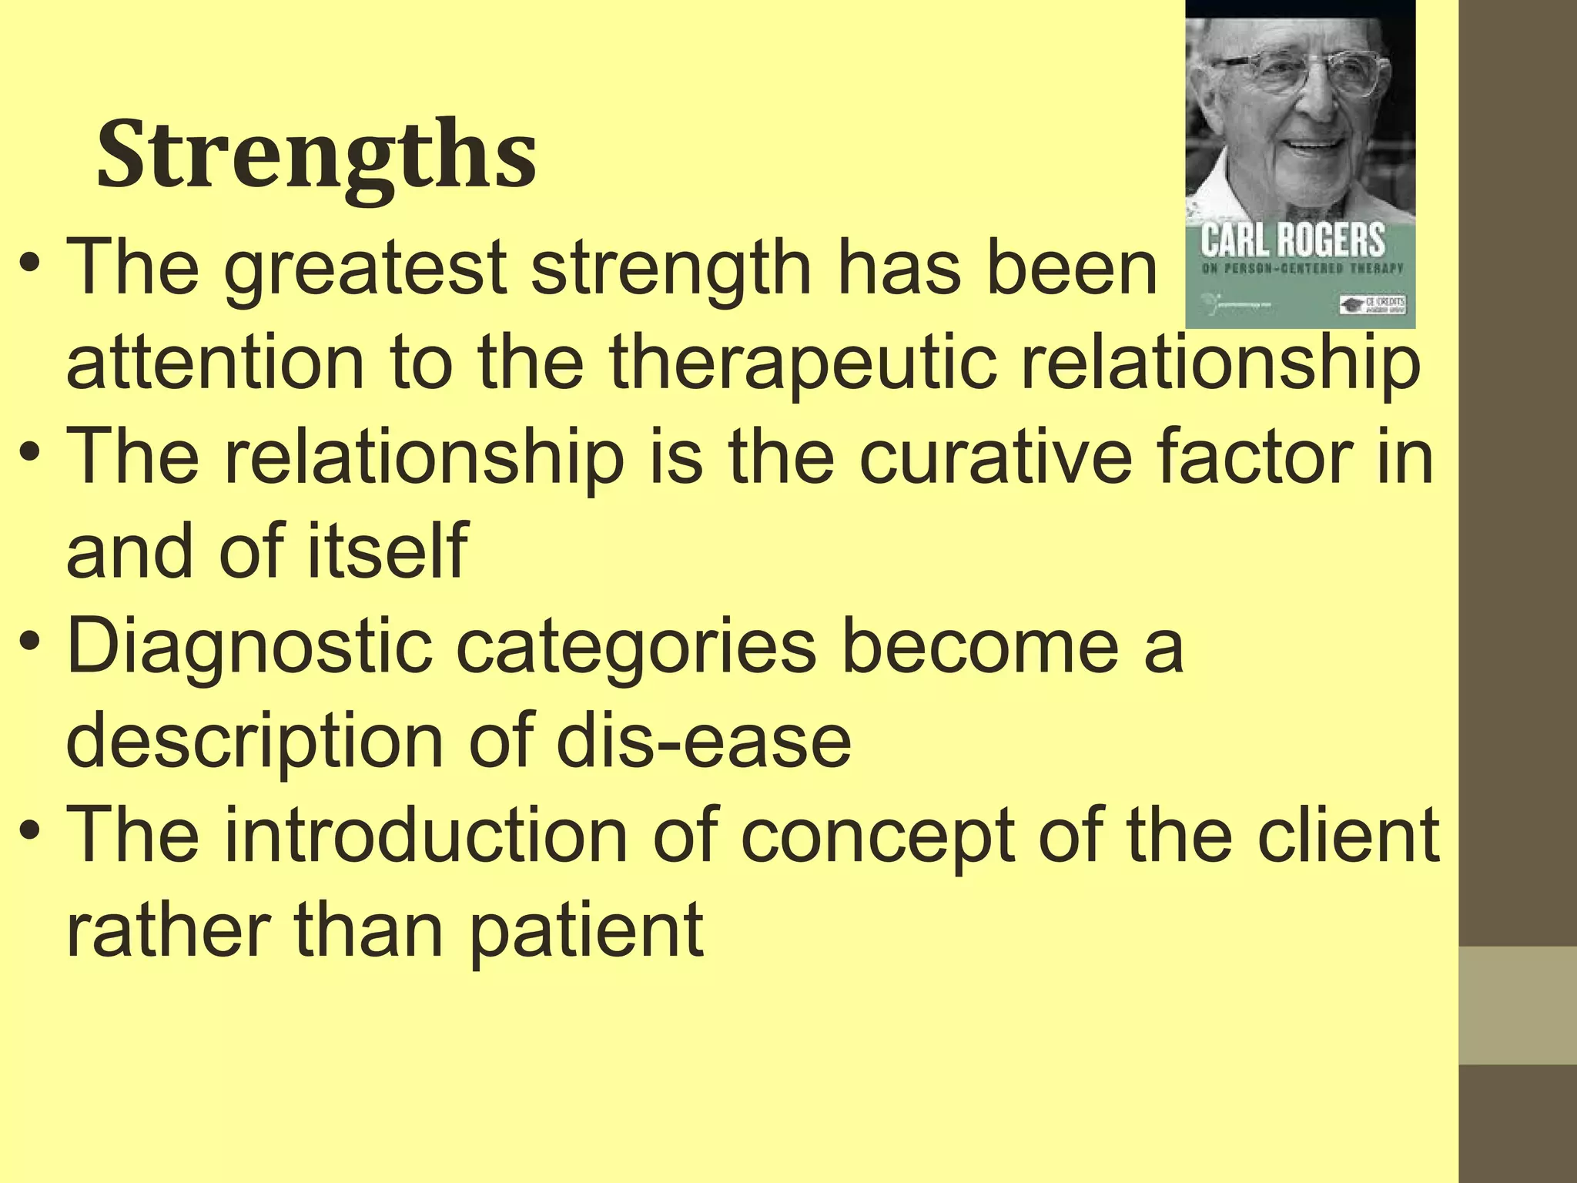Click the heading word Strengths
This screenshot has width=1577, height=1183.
(316, 155)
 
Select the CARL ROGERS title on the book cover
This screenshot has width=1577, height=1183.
(1293, 241)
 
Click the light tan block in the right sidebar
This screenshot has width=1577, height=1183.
(1518, 1006)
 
